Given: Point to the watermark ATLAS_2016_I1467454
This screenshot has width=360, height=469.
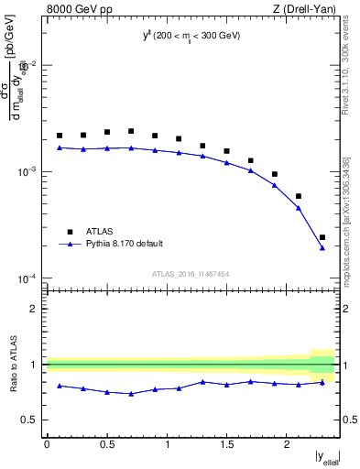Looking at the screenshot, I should click(191, 273).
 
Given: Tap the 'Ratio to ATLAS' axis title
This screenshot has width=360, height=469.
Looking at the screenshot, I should click(13, 364).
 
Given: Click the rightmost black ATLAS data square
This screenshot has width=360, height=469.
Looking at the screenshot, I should click(322, 237).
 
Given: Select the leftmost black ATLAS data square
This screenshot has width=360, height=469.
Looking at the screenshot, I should click(60, 136).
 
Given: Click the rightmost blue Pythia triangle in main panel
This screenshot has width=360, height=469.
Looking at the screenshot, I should click(322, 247).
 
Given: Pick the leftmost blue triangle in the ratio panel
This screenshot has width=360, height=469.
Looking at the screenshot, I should click(60, 386).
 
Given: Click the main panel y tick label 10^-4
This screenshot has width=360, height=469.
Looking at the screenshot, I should click(27, 278).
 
